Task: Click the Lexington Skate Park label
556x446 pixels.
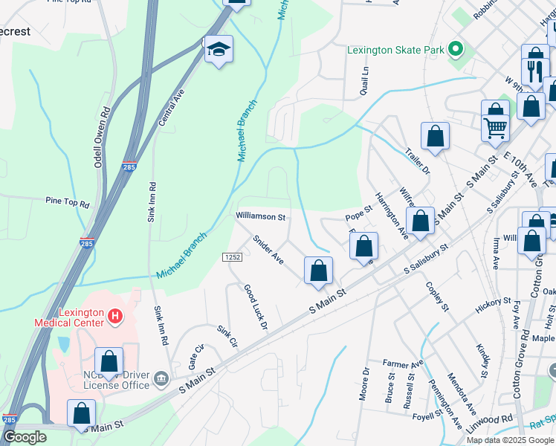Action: pos(395,51)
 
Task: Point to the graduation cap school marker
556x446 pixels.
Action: pos(219,49)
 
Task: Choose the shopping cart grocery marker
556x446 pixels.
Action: pos(495,126)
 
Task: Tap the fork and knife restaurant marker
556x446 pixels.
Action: pos(535,71)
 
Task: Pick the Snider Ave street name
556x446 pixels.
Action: pos(268,250)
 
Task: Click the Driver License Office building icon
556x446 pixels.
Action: pos(160,381)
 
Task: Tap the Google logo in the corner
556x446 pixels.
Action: pos(25,437)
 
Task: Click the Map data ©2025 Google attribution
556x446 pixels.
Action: pos(509,440)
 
